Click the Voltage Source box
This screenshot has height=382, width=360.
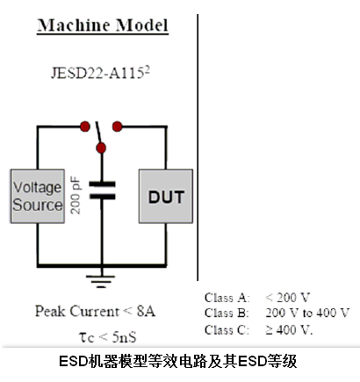point(38,196)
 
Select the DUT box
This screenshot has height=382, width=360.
point(166,196)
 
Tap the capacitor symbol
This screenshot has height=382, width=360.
point(102,191)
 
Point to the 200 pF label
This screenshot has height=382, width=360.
point(76,195)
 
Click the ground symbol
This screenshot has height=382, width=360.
point(102,281)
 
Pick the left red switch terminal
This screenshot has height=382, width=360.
point(85,126)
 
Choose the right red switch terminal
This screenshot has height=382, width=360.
point(117,126)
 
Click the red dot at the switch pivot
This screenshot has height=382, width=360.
point(101,148)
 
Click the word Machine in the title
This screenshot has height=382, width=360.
point(75,25)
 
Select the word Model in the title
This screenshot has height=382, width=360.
point(142,25)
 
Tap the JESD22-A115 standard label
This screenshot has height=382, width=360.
point(100,73)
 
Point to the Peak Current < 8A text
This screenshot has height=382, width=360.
point(95,311)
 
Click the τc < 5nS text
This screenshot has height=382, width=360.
point(108,337)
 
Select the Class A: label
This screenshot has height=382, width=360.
point(227,298)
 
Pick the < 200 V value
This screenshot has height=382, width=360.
point(287,298)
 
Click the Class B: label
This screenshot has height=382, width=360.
point(227,313)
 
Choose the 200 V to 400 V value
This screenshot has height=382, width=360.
point(307,313)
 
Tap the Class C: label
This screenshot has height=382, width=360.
point(227,330)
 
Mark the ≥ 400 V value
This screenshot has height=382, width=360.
point(289,330)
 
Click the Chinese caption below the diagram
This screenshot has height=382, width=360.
point(178,361)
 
